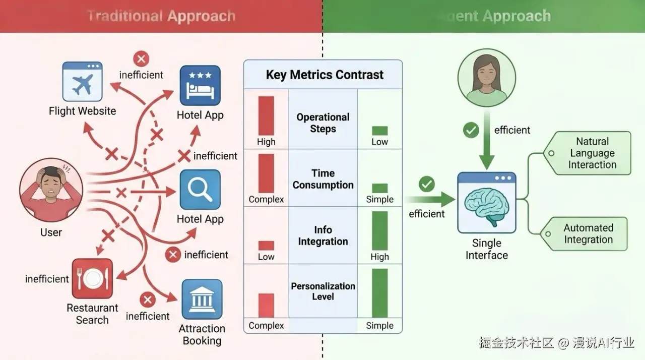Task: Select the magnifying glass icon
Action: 200,190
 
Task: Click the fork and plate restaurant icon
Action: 92,279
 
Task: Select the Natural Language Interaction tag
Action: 592,153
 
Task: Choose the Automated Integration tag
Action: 588,234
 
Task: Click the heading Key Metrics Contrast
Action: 325,75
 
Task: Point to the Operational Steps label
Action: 323,123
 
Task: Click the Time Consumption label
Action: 323,179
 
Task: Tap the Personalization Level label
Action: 323,291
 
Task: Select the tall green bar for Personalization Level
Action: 379,293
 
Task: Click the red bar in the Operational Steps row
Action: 266,116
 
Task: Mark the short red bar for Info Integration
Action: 266,246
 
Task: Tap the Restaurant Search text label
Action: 92,314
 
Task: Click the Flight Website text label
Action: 82,111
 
